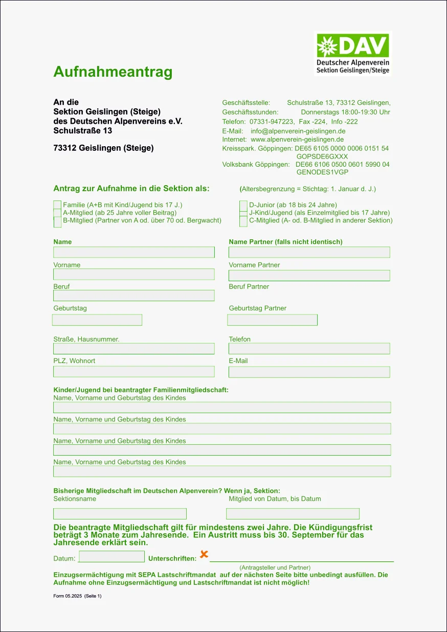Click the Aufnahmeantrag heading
coord(113,72)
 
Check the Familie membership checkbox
coord(57,205)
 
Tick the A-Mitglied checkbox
coord(57,213)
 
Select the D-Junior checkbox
coord(243,205)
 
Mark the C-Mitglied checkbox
coord(243,221)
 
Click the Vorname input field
coord(134,274)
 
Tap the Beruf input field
coord(134,296)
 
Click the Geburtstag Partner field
coord(272,320)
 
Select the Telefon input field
coord(309,349)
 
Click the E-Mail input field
coord(309,372)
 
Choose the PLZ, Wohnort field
coord(134,372)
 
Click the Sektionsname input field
coord(120,513)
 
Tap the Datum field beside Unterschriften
coord(112,556)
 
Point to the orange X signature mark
coord(204,554)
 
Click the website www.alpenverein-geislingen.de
coord(297,139)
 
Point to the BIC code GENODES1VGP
coord(322,172)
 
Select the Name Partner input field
coord(309,252)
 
